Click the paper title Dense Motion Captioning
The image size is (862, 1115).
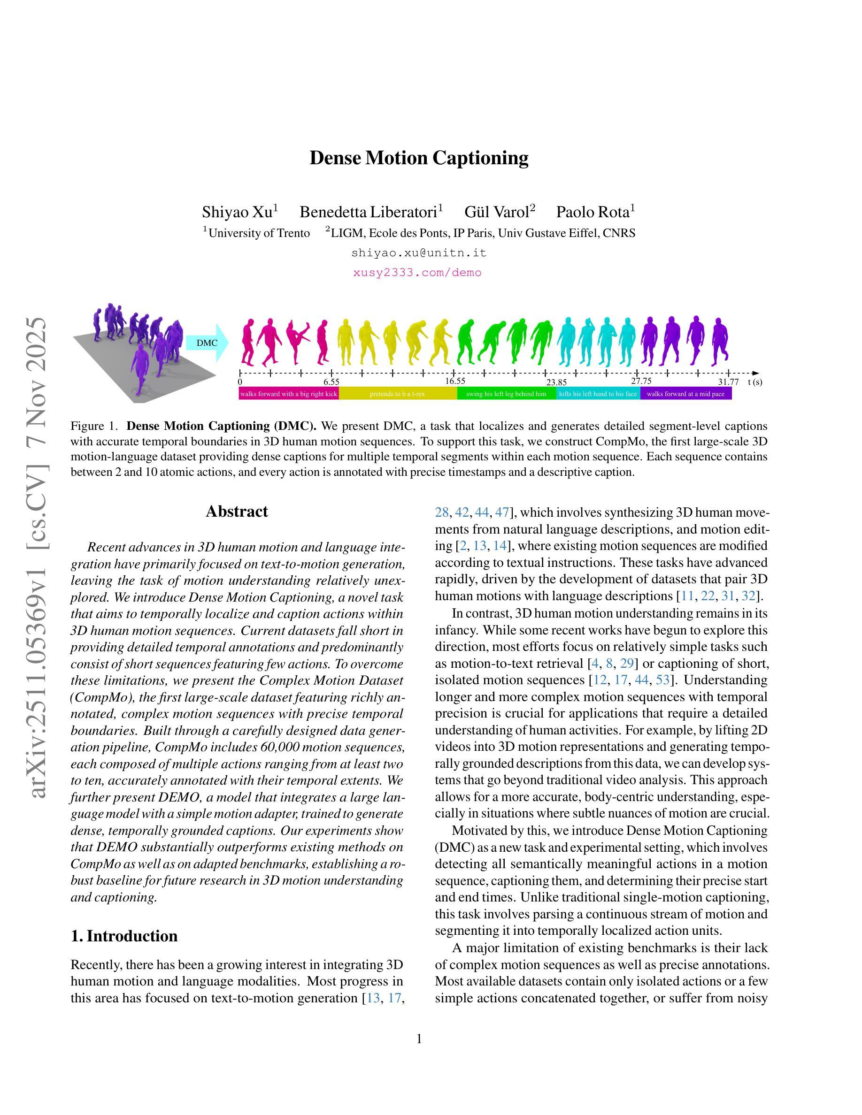419,158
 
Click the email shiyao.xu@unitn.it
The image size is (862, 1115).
419,253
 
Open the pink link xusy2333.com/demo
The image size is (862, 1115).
417,273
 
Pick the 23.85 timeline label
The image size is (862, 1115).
556,382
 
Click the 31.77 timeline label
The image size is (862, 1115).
728,382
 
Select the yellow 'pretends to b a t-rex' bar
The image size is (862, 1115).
397,394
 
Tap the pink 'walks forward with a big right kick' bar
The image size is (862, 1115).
289,394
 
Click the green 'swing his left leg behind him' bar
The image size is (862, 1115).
506,394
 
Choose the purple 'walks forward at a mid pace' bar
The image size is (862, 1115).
685,394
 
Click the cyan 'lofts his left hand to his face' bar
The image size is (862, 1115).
598,394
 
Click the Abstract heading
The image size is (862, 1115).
237,512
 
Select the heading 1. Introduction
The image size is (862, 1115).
124,936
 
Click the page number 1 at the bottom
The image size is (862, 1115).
419,1039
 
